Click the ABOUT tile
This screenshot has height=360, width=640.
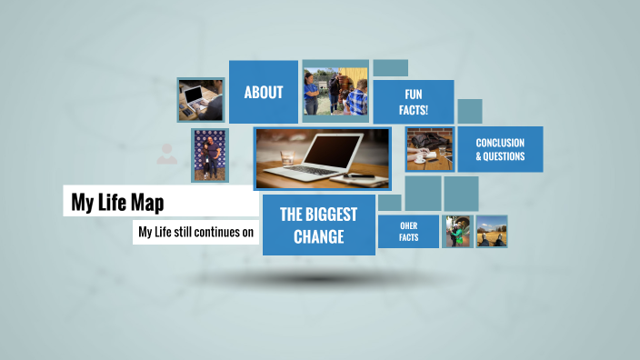point(263,92)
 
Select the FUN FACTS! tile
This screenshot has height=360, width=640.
point(414,102)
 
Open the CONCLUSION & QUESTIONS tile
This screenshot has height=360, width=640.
point(500,149)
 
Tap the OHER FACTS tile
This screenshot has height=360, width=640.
point(408,231)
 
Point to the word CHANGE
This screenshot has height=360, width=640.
point(318,238)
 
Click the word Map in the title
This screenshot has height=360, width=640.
point(146,202)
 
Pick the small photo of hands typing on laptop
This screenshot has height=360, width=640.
point(200,99)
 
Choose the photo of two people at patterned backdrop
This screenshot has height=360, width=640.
point(209,155)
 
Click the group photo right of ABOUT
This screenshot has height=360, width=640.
point(335,91)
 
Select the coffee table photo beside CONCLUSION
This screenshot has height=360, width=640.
point(429,149)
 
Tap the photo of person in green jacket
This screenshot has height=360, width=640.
point(456,231)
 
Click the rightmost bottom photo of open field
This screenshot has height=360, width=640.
point(492,231)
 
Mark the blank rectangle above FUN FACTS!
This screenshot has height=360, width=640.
point(390,68)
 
